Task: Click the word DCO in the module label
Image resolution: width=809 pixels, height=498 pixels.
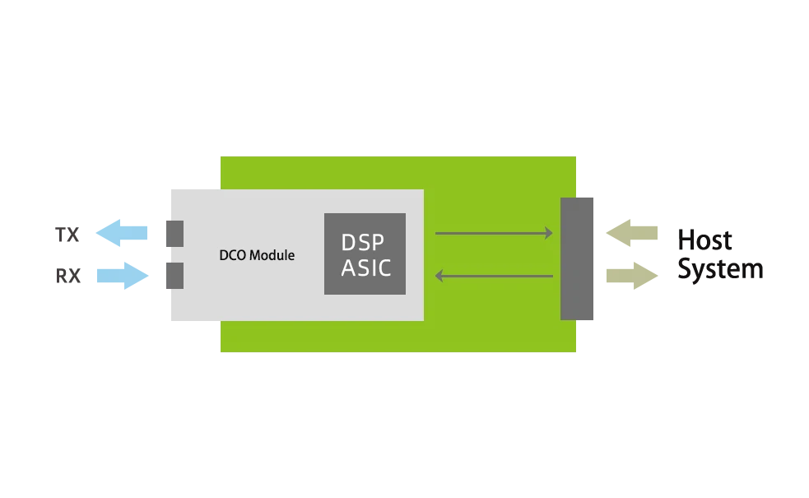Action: click(x=233, y=255)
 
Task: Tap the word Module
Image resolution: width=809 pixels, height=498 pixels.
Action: click(x=272, y=255)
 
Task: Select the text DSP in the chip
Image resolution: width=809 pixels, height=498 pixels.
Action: click(x=364, y=243)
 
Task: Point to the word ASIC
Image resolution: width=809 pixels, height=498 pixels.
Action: click(x=366, y=268)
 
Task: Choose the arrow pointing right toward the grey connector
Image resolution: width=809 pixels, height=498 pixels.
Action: click(x=492, y=234)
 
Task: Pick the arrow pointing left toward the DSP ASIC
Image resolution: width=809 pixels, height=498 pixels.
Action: click(x=494, y=276)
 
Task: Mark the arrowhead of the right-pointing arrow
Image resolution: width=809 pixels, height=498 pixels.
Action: click(x=549, y=234)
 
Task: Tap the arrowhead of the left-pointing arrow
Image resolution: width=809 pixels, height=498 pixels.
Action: click(x=439, y=276)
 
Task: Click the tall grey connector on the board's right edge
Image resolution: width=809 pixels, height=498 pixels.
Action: click(x=579, y=259)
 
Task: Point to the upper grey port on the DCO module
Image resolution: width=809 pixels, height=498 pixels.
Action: click(x=173, y=234)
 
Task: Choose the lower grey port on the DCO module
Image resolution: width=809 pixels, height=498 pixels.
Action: click(x=173, y=273)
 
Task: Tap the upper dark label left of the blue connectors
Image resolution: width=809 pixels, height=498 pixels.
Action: click(x=66, y=234)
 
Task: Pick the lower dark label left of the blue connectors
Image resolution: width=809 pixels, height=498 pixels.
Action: click(x=69, y=273)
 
